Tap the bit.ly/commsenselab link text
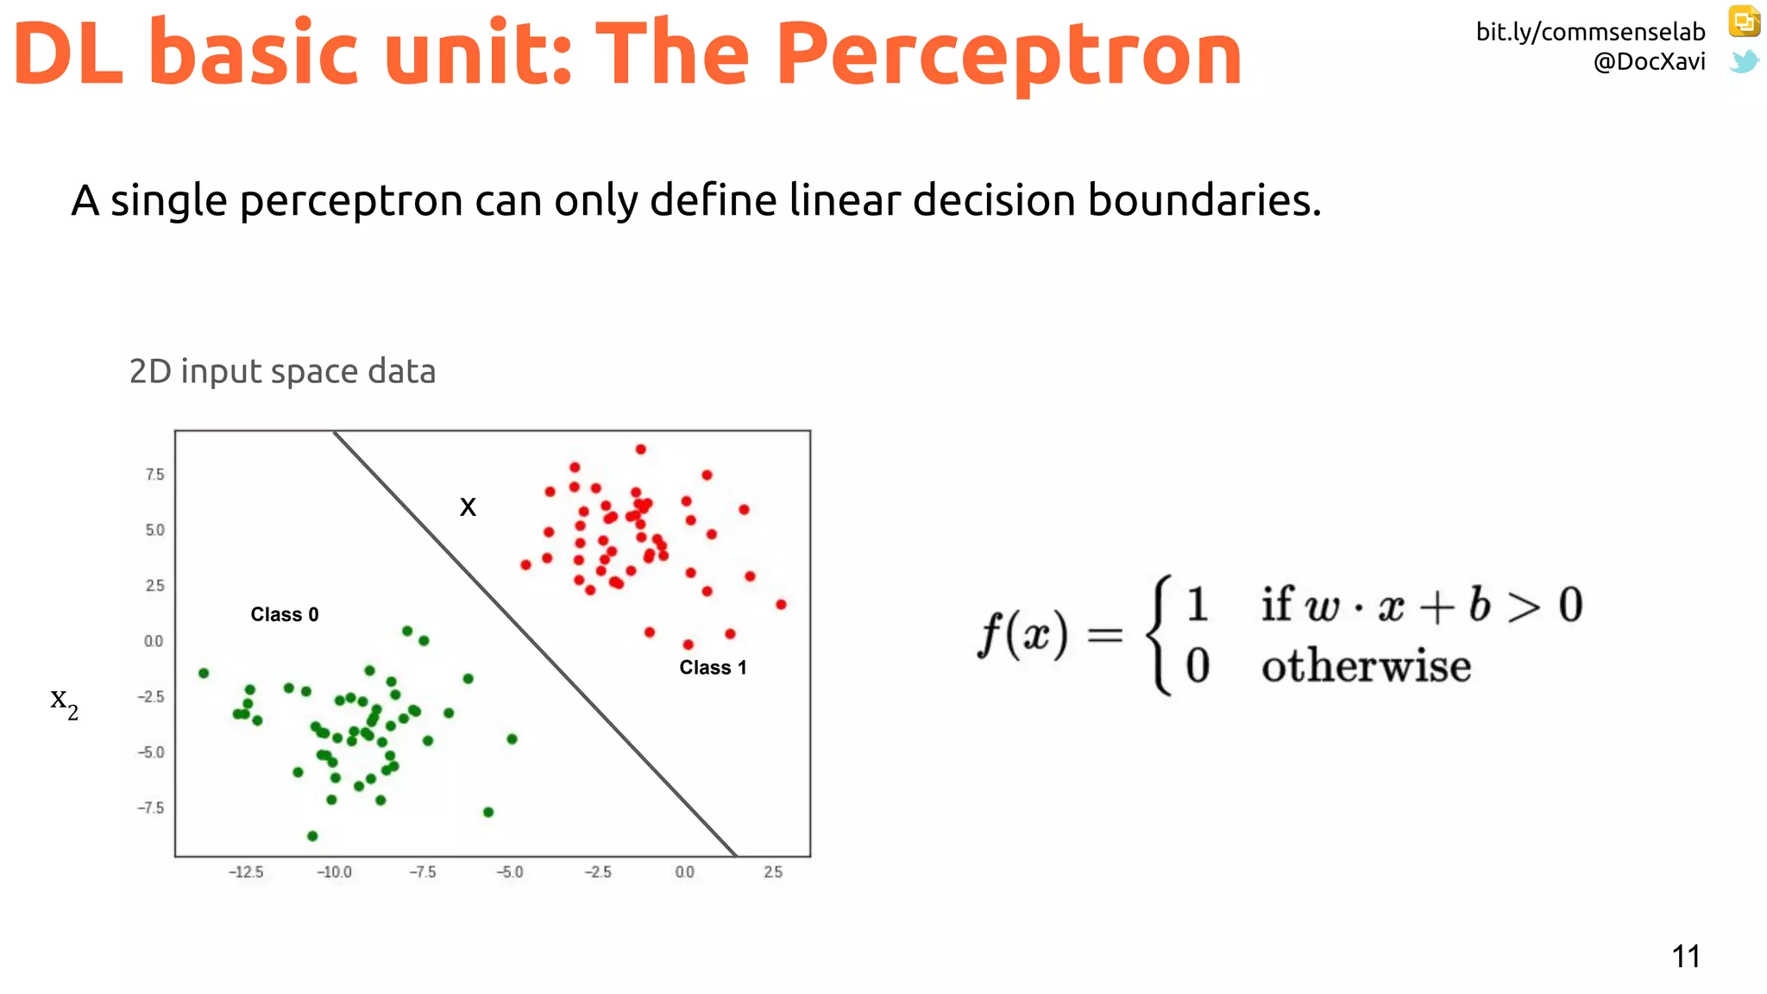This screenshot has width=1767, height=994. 1589,32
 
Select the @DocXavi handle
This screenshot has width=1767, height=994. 1649,61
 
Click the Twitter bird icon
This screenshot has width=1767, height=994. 1744,61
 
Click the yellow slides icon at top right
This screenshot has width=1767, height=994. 1744,22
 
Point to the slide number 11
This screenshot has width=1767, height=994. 1685,956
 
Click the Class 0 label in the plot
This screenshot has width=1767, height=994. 284,614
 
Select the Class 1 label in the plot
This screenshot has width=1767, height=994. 713,667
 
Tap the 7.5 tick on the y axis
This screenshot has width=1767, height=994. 154,475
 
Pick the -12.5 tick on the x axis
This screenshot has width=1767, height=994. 246,872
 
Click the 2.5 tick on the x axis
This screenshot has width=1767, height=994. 773,872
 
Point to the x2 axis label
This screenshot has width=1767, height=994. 64,701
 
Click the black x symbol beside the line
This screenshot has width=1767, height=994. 468,506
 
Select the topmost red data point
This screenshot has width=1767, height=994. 640,450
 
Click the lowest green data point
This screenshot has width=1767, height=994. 312,835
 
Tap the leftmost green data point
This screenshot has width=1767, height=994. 204,673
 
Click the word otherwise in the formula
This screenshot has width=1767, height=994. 1366,666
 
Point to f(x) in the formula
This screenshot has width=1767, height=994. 1022,634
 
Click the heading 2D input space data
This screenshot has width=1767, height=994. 282,371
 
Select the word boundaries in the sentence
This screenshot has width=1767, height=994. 1204,200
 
